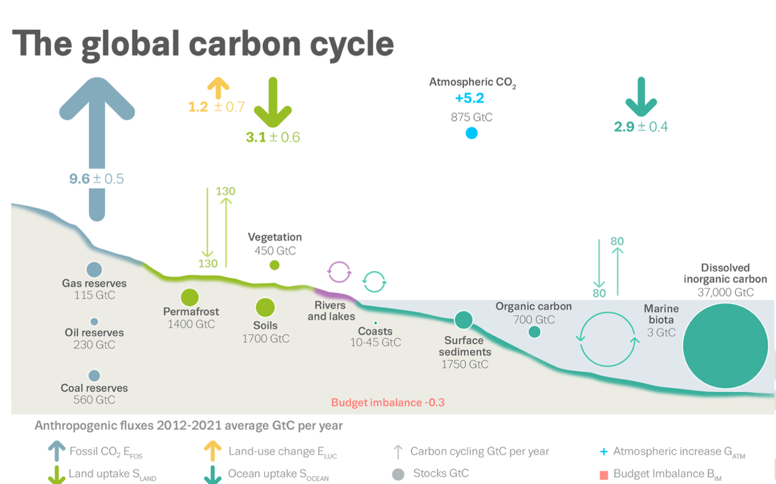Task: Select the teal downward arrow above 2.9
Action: (641, 96)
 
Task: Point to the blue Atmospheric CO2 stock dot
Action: (471, 133)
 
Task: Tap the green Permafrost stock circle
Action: (190, 297)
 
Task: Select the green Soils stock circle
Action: (265, 307)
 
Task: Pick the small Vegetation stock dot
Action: (274, 265)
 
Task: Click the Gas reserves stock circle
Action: (94, 269)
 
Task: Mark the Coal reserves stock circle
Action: (94, 375)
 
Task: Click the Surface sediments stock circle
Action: (463, 320)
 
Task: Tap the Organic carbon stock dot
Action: (534, 332)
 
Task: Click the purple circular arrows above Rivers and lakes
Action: (340, 272)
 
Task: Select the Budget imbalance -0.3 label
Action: (388, 402)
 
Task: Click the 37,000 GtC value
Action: (726, 292)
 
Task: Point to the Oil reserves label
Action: (94, 333)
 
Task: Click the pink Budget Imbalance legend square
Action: (603, 475)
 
